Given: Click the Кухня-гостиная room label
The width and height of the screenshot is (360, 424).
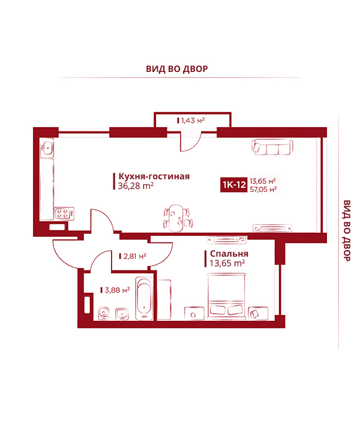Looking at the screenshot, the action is point(154,176).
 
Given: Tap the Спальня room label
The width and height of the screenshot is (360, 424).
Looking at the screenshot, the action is point(229,254).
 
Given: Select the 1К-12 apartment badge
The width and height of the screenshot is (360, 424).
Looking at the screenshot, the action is point(234,185).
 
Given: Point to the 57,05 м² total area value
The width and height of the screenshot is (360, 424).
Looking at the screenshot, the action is point(263,190).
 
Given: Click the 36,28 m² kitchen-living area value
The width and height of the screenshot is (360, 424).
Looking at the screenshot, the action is point(136,186).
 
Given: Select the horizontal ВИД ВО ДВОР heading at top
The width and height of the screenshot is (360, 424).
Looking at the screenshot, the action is point(177,69).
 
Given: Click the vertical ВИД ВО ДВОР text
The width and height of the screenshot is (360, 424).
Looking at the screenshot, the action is point(346,231).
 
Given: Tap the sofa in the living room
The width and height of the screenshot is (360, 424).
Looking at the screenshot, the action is point(272,147).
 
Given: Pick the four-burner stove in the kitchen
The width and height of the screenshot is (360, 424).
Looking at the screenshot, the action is point(64,213).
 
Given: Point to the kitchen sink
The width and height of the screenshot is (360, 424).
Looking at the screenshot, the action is point(47,148).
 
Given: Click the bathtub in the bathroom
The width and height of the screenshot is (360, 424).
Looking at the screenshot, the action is point(145,298).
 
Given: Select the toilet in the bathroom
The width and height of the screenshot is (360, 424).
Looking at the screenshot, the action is point(104,314).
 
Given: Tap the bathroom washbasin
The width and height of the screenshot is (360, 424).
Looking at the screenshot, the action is point(122,314).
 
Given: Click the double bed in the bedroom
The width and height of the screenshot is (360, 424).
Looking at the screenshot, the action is point(227,296).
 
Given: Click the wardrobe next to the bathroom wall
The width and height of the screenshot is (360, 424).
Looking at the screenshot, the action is point(164,300).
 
